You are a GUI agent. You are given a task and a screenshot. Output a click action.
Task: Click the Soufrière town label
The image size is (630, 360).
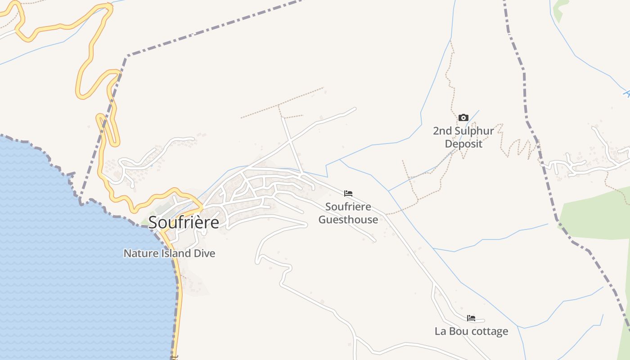pyautogui.click(x=184, y=222)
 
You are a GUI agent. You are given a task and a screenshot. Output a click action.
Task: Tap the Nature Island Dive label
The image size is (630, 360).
pyautogui.click(x=169, y=253)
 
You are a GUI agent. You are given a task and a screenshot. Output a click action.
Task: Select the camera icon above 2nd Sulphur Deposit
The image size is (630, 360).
pyautogui.click(x=463, y=118)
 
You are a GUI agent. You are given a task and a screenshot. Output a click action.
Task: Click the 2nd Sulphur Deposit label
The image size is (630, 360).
pyautogui.click(x=463, y=137)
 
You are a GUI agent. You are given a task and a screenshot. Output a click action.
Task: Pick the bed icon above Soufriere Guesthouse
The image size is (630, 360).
pyautogui.click(x=348, y=193)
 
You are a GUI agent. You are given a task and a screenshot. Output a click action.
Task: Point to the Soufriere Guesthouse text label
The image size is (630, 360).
pyautogui.click(x=348, y=213)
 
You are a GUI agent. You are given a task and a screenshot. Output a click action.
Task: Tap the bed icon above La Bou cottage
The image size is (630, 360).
pyautogui.click(x=471, y=318)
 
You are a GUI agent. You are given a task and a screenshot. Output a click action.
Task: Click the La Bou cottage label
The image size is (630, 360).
pyautogui.click(x=471, y=332)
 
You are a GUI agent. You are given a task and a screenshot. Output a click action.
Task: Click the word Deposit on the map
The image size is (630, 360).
pyautogui.click(x=463, y=144)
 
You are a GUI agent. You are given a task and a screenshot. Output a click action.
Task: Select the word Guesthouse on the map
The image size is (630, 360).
pyautogui.click(x=348, y=220)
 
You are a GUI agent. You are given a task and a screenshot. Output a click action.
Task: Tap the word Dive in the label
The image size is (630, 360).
pyautogui.click(x=204, y=253)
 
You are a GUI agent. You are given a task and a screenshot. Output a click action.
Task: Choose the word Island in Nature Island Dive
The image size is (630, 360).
pyautogui.click(x=175, y=253)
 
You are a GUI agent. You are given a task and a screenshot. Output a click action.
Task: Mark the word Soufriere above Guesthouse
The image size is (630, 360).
pyautogui.click(x=348, y=207)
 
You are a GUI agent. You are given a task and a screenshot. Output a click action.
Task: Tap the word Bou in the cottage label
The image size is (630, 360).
pyautogui.click(x=457, y=332)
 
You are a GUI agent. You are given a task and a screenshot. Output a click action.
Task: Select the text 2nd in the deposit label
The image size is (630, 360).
pyautogui.click(x=441, y=131)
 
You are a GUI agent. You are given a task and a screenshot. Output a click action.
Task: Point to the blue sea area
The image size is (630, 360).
pyautogui.click(x=67, y=270)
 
